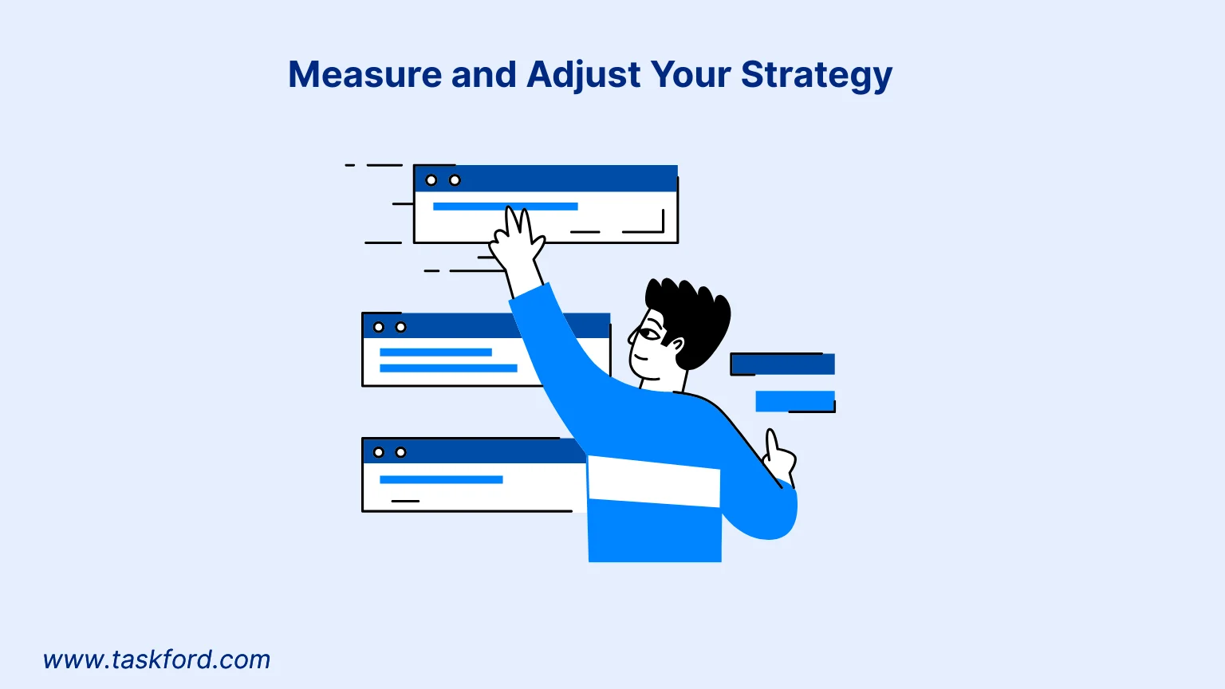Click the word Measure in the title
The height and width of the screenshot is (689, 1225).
click(364, 74)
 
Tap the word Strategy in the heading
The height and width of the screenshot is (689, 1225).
click(817, 76)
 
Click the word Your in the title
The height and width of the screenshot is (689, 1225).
click(690, 74)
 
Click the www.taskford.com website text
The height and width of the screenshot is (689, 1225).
click(157, 659)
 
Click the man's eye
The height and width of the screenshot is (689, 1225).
click(649, 333)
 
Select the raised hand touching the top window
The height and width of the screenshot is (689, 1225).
click(516, 241)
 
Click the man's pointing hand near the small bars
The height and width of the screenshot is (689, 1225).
click(779, 457)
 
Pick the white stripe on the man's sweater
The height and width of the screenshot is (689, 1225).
click(653, 481)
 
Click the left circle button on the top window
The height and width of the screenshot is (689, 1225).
click(431, 180)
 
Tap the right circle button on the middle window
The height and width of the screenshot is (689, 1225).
click(401, 327)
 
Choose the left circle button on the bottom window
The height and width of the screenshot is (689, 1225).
click(379, 452)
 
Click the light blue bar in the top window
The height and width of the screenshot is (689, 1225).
click(506, 207)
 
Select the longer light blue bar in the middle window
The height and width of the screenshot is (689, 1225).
click(448, 368)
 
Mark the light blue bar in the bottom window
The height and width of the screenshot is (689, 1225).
click(441, 479)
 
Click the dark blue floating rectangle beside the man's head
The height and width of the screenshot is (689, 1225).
click(782, 364)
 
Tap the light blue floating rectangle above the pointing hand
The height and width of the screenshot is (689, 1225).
click(795, 401)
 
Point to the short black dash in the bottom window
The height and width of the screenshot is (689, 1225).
click(405, 501)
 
